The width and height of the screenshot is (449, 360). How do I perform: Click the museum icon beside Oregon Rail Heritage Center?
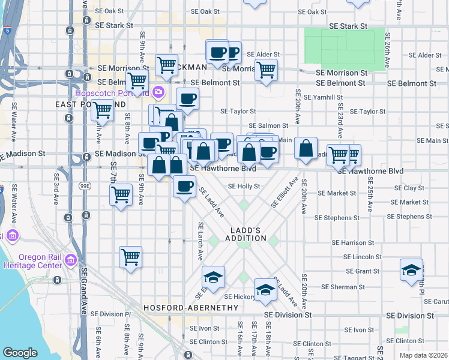(x=71, y=260)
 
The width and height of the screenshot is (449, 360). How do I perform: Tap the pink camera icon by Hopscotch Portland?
(x=158, y=92)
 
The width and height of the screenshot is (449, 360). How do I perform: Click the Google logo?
(x=20, y=353)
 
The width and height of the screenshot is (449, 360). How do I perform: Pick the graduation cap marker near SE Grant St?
(x=411, y=270)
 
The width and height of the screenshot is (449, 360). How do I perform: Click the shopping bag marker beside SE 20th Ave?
(x=306, y=148)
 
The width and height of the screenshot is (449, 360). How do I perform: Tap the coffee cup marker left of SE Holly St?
(x=184, y=185)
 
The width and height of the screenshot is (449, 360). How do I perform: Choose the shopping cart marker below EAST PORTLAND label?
(x=103, y=111)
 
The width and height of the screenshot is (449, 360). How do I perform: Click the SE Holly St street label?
(x=244, y=186)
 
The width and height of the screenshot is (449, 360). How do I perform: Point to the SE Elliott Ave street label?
(x=285, y=192)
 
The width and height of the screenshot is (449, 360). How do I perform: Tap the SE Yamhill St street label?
(x=323, y=97)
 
